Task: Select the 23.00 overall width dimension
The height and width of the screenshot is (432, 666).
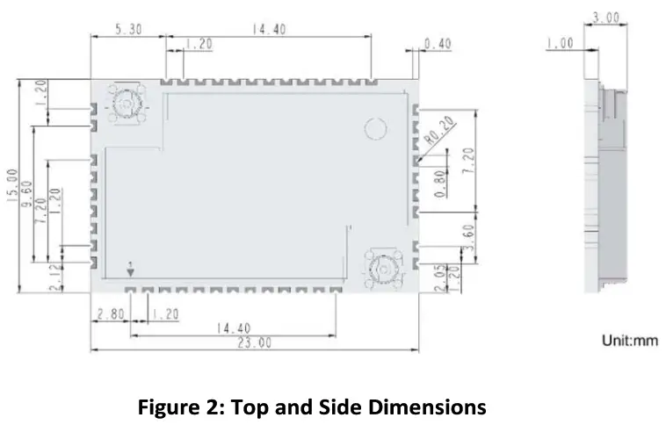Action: pyautogui.click(x=254, y=343)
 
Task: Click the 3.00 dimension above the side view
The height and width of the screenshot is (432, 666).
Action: pyautogui.click(x=605, y=18)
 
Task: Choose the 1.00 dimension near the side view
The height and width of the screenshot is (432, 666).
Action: pyautogui.click(x=561, y=43)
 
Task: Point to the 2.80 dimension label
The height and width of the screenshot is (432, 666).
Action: pyautogui.click(x=111, y=313)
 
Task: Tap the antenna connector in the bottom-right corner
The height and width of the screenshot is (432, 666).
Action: pyautogui.click(x=384, y=264)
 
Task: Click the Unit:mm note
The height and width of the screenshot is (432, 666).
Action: pyautogui.click(x=629, y=341)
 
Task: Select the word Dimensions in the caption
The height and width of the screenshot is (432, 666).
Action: pyautogui.click(x=428, y=407)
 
